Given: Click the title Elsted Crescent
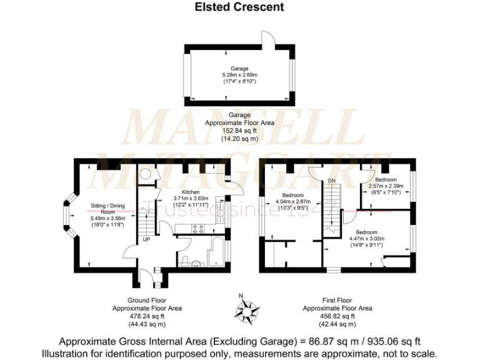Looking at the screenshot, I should tap(239, 7).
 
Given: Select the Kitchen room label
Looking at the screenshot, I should tap(190, 192).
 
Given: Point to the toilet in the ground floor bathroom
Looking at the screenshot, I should tap(187, 260).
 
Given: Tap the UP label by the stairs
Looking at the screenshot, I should tap(146, 239).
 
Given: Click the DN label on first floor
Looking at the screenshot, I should tap(331, 181).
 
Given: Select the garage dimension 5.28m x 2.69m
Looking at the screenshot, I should tap(239, 75).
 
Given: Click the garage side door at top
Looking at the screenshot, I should tap(267, 37).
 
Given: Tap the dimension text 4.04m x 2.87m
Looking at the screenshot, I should tap(293, 202).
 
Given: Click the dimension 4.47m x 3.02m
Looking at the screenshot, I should tap(366, 238).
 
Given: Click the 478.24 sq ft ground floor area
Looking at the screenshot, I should tap(147, 316).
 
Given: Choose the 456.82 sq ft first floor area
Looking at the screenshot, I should tap(337, 316).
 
